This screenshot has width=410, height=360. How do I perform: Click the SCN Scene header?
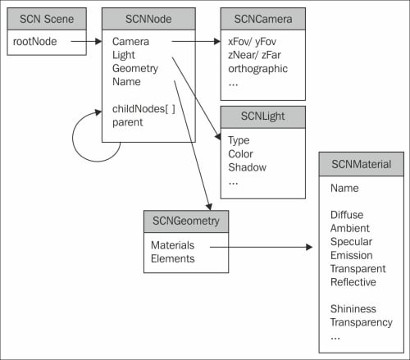pos(47,19)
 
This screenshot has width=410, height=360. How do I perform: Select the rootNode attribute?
pos(35,42)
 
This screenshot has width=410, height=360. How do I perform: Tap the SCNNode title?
pos(148,19)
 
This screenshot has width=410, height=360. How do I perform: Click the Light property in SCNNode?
pos(124,55)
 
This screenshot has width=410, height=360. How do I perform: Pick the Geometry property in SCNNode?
pos(135,69)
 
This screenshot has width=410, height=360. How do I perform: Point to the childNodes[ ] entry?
pos(143,109)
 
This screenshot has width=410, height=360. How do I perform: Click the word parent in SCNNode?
pos(127,122)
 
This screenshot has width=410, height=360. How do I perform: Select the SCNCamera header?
pos(263,19)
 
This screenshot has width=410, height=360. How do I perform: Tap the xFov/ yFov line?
pos(252,42)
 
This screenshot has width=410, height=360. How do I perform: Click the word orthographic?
pos(257,69)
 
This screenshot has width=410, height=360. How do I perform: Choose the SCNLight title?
pos(262,116)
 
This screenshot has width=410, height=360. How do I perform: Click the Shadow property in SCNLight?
pos(248,167)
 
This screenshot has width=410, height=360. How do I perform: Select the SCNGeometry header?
pos(186,221)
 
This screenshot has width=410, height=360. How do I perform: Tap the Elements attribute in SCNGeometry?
pos(173,258)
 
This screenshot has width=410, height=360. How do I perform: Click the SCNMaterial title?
pos(361,164)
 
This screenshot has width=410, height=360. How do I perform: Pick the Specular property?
pos(351,242)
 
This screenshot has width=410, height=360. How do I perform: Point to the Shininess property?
pos(353,309)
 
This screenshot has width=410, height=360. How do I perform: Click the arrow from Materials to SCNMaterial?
pos(261,247)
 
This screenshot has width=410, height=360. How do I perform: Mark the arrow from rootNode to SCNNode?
pos(86,42)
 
